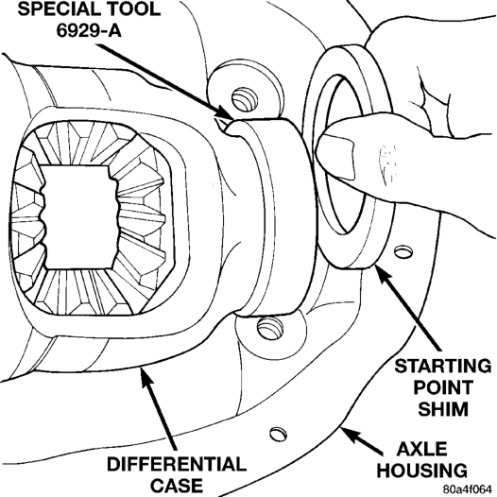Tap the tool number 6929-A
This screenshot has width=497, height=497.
click(89, 30)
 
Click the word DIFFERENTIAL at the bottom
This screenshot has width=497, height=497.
click(177, 464)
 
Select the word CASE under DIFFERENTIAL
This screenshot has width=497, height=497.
click(177, 486)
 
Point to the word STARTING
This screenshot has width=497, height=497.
click(443, 366)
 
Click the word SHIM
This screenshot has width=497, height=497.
click(443, 408)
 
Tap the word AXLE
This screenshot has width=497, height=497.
click(421, 449)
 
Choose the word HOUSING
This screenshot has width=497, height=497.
click(421, 471)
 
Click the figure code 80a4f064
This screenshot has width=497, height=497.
click(469, 489)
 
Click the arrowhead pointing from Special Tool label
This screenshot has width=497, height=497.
click(226, 114)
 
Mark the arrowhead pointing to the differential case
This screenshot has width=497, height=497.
click(146, 377)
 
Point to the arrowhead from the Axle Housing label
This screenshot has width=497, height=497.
click(350, 435)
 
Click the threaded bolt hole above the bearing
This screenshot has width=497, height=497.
click(245, 99)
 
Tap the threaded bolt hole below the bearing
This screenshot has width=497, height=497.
click(269, 328)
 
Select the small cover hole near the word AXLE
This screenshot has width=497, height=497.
click(279, 434)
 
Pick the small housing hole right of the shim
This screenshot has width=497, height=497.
click(403, 252)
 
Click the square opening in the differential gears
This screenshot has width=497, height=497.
click(78, 217)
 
